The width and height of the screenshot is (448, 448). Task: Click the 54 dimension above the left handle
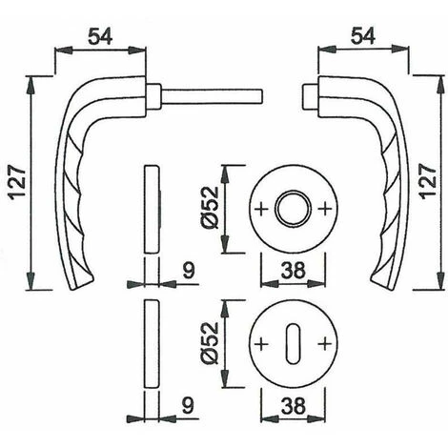[100, 36]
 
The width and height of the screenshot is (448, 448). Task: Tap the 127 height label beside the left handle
[17, 182]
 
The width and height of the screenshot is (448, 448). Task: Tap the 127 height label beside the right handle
[429, 181]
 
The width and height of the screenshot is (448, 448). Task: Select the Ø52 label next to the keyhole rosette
[210, 343]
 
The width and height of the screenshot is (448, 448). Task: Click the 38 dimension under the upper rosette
[293, 271]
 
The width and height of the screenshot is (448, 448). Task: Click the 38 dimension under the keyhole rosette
[293, 406]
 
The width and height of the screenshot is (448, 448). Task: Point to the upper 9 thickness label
[188, 271]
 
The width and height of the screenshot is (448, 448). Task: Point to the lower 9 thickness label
[188, 406]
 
